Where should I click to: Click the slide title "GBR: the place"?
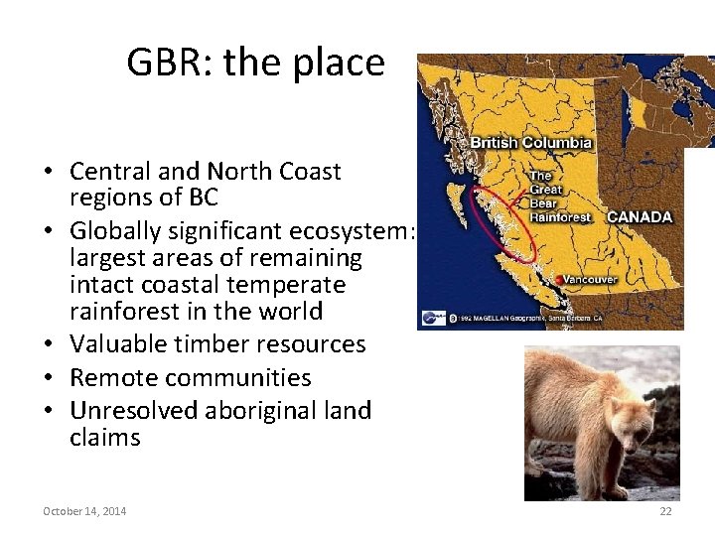255,63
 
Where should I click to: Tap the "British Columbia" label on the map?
530,142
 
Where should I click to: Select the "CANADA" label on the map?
639,216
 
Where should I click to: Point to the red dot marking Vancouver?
561,280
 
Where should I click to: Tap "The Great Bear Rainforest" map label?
559,197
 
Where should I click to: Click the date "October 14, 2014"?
84,511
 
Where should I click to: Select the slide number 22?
665,511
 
